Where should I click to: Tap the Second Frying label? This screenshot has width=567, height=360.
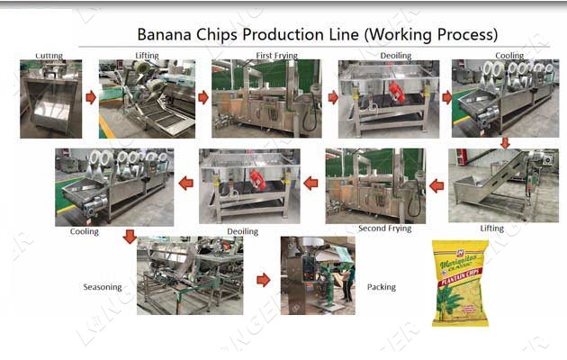tap(384, 229)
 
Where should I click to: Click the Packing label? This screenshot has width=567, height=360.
tap(381, 288)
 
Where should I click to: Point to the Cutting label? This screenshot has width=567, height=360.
tap(49, 56)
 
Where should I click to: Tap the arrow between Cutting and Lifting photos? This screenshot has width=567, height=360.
tap(90, 96)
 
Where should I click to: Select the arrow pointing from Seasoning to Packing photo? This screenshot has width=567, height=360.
tap(263, 280)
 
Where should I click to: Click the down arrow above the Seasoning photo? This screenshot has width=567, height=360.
tap(130, 237)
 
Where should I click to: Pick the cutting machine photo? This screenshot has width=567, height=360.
tap(50, 98)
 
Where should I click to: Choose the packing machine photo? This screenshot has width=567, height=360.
tap(318, 275)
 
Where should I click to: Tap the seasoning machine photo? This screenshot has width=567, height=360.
tap(189, 275)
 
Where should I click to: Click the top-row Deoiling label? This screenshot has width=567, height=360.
tap(395, 56)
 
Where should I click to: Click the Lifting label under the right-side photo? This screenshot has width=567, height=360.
tap(491, 229)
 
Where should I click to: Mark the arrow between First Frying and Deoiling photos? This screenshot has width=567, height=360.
tap(332, 96)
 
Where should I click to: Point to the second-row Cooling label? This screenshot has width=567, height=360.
tap(84, 231)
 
